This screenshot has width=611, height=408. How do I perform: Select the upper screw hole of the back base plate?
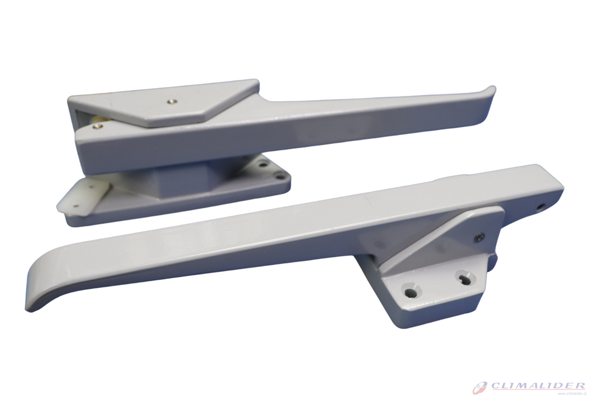click(x=263, y=165)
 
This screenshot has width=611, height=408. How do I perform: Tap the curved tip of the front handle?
click(x=38, y=296)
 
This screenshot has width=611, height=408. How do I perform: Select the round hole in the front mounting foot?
click(x=410, y=292)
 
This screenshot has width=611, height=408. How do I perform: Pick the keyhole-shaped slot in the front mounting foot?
click(x=464, y=278)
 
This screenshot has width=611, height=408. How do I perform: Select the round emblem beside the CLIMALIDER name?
click(x=480, y=388)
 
